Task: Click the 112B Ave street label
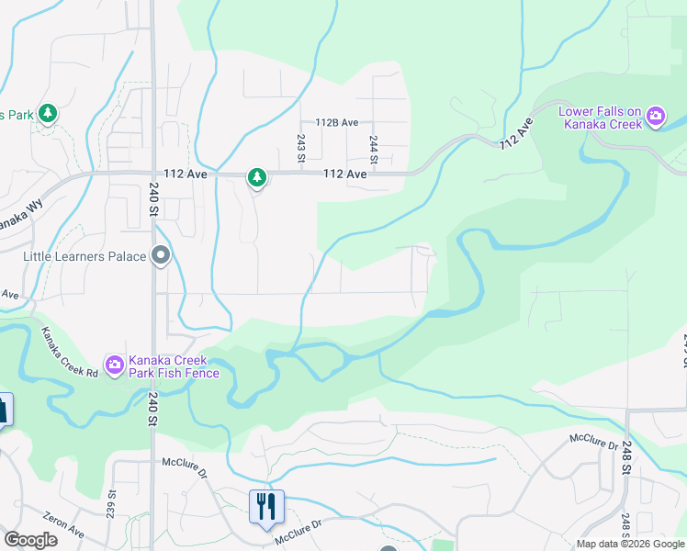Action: tap(336, 122)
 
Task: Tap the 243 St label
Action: tap(300, 147)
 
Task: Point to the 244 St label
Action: tap(374, 147)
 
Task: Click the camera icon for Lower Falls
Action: tap(656, 116)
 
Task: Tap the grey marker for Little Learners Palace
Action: tap(162, 256)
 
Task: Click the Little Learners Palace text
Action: tap(84, 256)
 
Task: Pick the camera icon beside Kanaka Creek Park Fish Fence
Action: tap(115, 365)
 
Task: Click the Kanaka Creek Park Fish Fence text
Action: tap(174, 365)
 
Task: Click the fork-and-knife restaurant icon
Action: tap(266, 505)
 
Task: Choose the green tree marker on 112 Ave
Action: tap(258, 177)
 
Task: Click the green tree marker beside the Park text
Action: tap(48, 115)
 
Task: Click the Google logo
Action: tap(30, 540)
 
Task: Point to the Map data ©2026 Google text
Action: tap(629, 544)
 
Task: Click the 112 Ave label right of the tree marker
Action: tap(344, 174)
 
